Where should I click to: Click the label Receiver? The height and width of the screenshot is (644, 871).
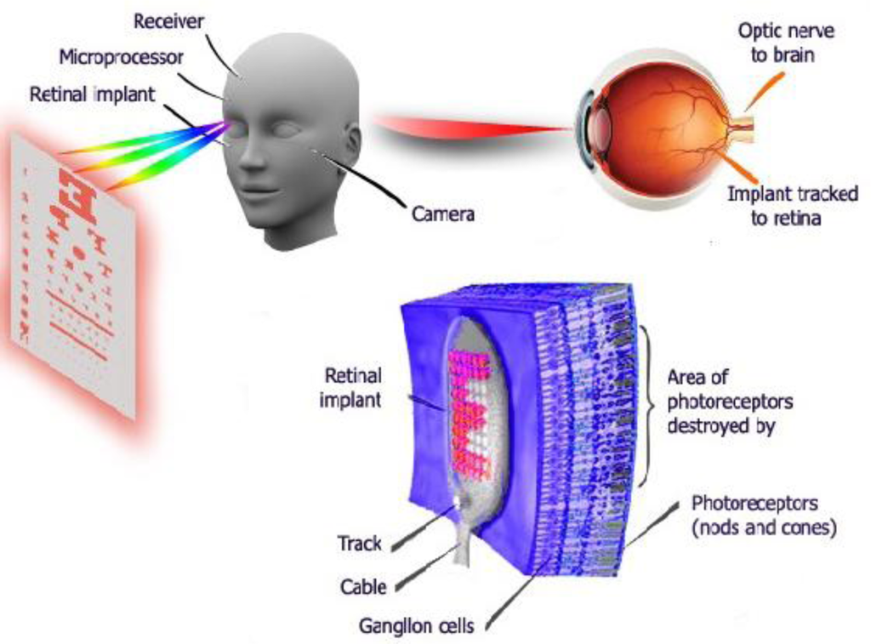click(x=168, y=21)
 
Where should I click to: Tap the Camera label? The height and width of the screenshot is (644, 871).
click(x=442, y=214)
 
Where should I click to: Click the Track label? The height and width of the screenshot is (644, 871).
click(x=360, y=542)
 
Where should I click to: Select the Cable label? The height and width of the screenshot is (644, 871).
click(x=363, y=586)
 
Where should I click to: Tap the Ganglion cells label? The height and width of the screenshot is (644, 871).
click(x=416, y=626)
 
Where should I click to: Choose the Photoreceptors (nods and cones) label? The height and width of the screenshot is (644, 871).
click(x=764, y=515)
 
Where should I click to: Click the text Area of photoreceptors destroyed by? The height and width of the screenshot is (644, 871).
click(x=730, y=401)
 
